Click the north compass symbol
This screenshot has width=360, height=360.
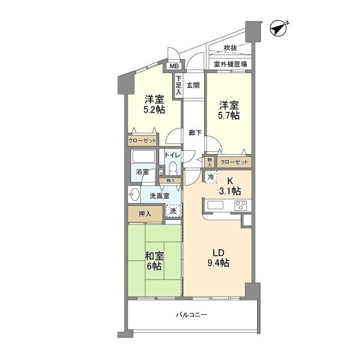pos(278,27)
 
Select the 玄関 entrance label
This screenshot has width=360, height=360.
pos(193,85)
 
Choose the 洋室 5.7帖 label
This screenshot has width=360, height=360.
pos(229,110)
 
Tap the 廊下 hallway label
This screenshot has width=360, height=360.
pos(195,133)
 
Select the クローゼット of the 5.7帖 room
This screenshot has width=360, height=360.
pos(233,162)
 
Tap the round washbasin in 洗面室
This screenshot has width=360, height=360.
pos(134,196)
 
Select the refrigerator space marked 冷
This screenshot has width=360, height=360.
pos(210,177)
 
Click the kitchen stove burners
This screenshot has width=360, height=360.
pos(242,205)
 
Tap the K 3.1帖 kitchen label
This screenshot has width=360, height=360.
pos(229,186)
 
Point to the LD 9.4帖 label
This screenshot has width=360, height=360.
pos(217,257)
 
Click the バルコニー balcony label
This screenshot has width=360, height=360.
pos(192,315)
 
